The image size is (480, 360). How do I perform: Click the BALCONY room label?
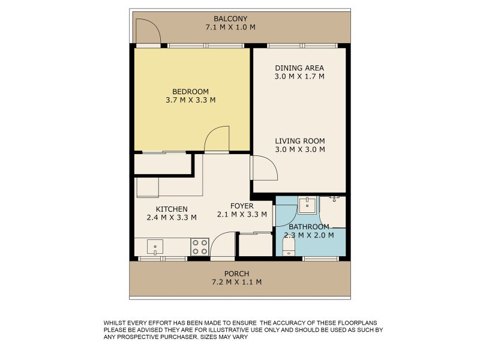click(x=230, y=19)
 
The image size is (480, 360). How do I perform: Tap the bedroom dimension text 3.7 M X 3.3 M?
click(x=190, y=100)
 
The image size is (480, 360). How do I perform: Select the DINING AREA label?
click(x=299, y=68)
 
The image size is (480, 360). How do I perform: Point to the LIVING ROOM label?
click(x=299, y=141)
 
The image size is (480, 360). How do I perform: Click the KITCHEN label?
click(x=172, y=209)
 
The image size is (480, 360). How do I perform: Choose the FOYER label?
click(x=242, y=206)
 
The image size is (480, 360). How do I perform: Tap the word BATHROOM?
click(x=309, y=227)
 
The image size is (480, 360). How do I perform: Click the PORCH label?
click(x=236, y=274)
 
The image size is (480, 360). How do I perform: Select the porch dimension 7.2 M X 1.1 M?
click(x=236, y=282)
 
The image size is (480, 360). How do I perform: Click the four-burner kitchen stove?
click(x=200, y=247)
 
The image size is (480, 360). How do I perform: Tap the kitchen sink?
click(x=155, y=247)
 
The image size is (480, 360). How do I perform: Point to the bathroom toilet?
click(x=289, y=247)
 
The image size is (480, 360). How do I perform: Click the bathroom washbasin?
click(x=307, y=205)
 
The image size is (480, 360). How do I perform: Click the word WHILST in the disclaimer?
click(x=114, y=323)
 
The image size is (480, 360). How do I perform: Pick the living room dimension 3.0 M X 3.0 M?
click(x=299, y=149)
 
